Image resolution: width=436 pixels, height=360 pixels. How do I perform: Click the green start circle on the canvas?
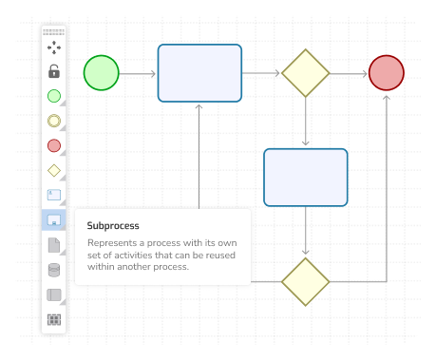click(x=102, y=73)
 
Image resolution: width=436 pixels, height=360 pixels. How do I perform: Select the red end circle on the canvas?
click(x=387, y=73)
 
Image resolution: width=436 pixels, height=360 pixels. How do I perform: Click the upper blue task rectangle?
click(x=199, y=73)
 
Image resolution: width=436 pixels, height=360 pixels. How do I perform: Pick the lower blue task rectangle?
click(x=305, y=178)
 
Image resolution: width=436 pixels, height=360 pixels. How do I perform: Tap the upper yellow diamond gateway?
click(x=305, y=73)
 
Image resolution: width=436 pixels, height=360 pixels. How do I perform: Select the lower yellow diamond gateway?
click(x=305, y=281)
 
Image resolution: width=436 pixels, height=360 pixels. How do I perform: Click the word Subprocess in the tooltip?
click(x=113, y=226)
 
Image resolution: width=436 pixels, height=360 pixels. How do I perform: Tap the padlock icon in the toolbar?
click(x=54, y=71)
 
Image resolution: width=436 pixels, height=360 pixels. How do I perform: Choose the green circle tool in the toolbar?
click(x=54, y=96)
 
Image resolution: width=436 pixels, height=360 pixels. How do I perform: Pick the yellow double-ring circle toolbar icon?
click(x=54, y=121)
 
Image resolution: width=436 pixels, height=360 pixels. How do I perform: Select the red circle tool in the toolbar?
click(x=54, y=145)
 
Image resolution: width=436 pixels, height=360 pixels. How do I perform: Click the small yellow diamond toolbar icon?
click(x=54, y=171)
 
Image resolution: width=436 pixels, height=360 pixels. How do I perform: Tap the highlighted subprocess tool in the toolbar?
click(x=54, y=220)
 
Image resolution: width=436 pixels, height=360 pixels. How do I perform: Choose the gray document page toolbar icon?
click(x=54, y=245)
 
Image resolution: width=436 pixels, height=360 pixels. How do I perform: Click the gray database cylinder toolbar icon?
click(x=54, y=270)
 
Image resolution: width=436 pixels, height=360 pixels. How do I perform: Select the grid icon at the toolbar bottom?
click(x=54, y=319)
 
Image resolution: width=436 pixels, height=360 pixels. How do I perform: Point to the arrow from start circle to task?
click(x=138, y=73)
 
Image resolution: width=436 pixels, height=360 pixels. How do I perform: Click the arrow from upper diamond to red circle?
click(x=349, y=73)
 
